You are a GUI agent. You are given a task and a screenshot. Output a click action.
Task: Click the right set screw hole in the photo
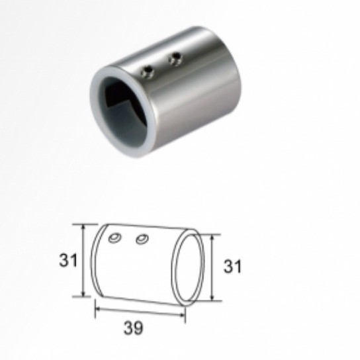(x=175, y=58)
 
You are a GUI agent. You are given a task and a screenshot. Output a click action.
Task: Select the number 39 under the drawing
(x=133, y=328)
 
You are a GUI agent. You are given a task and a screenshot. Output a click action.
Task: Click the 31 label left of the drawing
(x=68, y=260)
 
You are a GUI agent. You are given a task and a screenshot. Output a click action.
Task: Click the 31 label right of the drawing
(x=232, y=266)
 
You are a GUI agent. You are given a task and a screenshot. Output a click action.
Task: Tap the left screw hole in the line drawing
(x=115, y=238)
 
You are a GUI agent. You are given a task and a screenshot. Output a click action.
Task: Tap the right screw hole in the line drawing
(x=142, y=239)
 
